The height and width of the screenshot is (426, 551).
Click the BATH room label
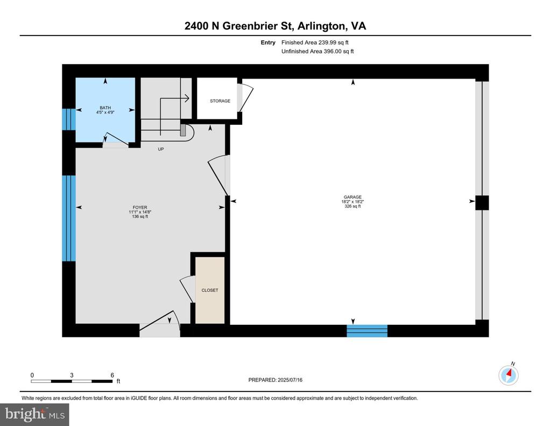pos(105,108)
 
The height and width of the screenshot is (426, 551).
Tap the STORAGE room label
pos(220,101)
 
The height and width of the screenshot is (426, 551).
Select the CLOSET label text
pos(210,290)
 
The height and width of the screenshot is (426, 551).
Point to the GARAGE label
pos(352,197)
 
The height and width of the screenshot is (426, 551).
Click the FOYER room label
pos(140,208)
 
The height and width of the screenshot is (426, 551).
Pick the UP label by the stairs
pos(161,149)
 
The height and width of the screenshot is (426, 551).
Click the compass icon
pos(508,375)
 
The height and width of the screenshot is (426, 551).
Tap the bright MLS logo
pos(35,414)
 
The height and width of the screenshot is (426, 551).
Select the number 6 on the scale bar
pos(112,375)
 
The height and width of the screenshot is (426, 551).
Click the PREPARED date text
pos(275,380)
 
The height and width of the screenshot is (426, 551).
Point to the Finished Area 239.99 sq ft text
pos(315,42)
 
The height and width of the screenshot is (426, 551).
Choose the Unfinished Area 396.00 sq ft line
pos(317,51)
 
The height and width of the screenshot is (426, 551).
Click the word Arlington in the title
pos(321,26)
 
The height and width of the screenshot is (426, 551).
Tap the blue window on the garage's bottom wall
pos(367,331)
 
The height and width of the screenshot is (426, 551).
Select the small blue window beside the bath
pos(69,119)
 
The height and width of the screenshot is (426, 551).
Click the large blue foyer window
pos(69,218)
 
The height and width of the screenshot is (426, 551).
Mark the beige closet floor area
pos(210,290)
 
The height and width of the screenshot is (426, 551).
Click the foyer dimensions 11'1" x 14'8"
pos(140,212)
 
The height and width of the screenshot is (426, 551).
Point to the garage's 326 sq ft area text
pos(352,206)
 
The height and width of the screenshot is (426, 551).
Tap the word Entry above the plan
pos(268,42)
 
